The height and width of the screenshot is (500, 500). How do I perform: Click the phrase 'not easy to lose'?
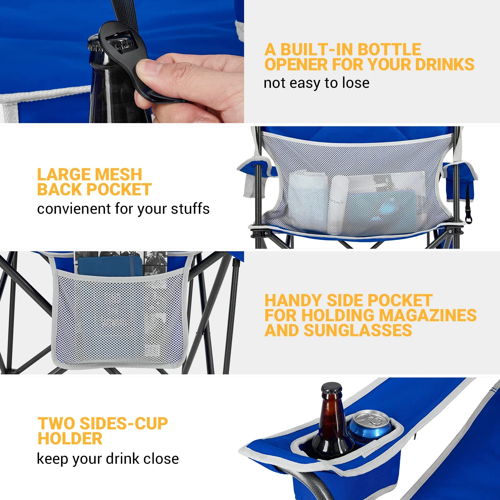pos(316,83)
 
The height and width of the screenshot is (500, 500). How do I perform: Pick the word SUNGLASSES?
pos(358,331)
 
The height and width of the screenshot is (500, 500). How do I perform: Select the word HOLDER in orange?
pos(70,439)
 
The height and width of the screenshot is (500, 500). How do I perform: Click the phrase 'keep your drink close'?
pos(108,459)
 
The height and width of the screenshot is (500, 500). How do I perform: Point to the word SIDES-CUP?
pos(124,424)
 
